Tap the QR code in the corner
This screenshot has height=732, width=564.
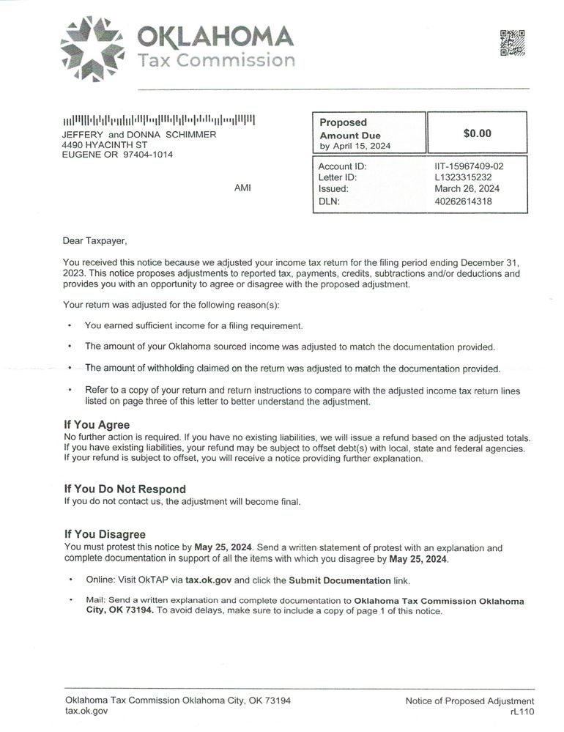pyautogui.click(x=513, y=42)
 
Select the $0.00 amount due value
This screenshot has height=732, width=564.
pyautogui.click(x=478, y=133)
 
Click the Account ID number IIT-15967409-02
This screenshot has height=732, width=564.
pyautogui.click(x=469, y=166)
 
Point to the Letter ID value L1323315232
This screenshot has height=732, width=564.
pyautogui.click(x=463, y=177)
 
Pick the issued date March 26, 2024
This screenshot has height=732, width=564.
pyautogui.click(x=467, y=189)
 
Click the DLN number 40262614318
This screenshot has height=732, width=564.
pyautogui.click(x=463, y=202)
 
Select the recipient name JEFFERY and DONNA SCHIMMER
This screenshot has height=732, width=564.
pyautogui.click(x=139, y=134)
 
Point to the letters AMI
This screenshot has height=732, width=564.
pyautogui.click(x=242, y=188)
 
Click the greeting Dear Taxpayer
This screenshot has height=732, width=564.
pyautogui.click(x=94, y=240)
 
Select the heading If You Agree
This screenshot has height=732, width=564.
pyautogui.click(x=97, y=425)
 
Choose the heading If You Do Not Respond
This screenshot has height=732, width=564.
pyautogui.click(x=125, y=489)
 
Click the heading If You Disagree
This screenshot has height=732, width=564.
pyautogui.click(x=105, y=534)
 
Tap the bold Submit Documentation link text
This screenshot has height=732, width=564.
pyautogui.click(x=339, y=580)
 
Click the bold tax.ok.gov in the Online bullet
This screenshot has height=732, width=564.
pyautogui.click(x=208, y=580)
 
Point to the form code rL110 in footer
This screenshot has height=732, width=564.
pyautogui.click(x=522, y=711)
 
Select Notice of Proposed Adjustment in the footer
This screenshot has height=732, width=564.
pyautogui.click(x=470, y=701)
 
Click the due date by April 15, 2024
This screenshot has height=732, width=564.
pyautogui.click(x=355, y=146)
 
